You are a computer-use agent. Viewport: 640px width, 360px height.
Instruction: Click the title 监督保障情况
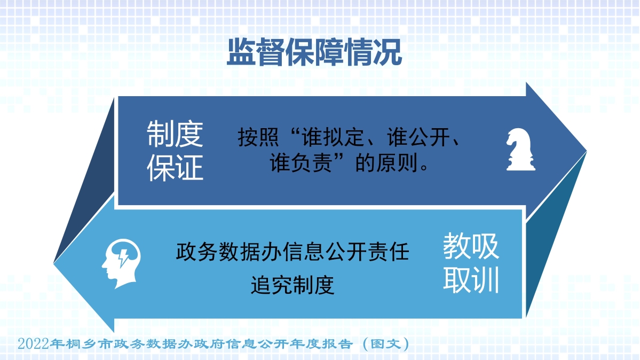pos(314,52)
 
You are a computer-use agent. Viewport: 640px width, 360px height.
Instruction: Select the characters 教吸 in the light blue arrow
pos(471,246)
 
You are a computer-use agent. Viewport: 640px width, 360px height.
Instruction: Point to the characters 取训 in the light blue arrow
pos(471,280)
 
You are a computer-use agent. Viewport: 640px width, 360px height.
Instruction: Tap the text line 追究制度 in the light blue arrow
pos(293,285)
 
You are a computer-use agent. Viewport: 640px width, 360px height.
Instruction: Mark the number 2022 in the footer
pos(34,343)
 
